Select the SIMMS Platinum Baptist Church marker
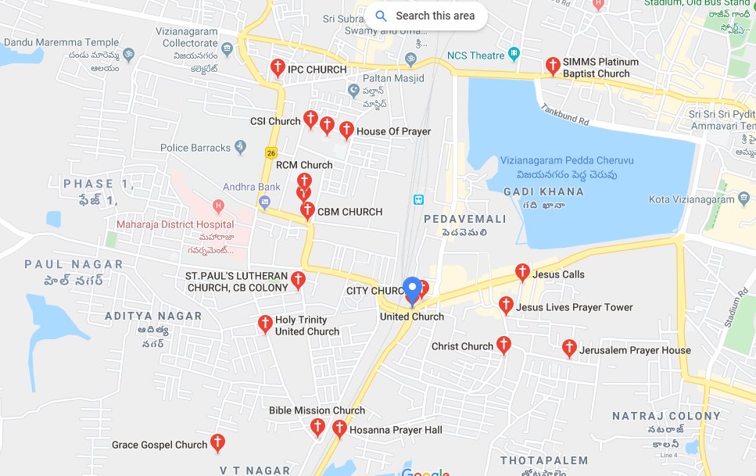point(553,66)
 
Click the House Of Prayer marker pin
point(346,131)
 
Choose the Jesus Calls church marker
point(522,273)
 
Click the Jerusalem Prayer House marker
point(569,349)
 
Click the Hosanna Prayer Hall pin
point(339,429)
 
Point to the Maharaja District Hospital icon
point(219,207)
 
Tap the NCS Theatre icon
point(514,55)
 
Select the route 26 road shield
point(271,152)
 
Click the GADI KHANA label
point(543,191)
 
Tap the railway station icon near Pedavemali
point(418,199)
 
